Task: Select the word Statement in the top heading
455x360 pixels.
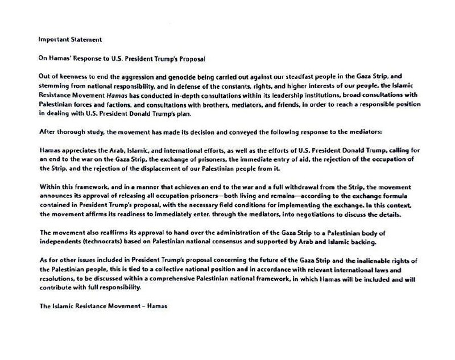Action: tap(85, 40)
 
